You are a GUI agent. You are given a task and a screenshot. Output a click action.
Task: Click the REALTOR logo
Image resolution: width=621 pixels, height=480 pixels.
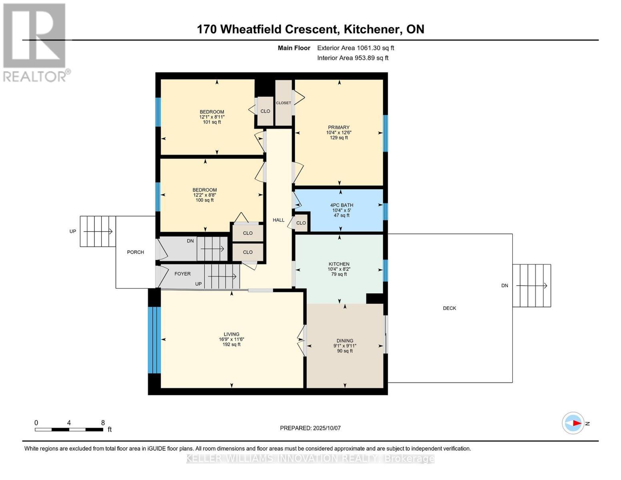(x=35, y=42)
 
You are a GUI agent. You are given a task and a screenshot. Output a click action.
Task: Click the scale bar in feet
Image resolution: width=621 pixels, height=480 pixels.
(x=69, y=429)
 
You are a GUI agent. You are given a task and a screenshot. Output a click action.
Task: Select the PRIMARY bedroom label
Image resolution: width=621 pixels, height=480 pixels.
(x=339, y=128)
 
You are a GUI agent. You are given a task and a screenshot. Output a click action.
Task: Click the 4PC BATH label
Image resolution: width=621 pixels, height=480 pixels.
(x=341, y=205)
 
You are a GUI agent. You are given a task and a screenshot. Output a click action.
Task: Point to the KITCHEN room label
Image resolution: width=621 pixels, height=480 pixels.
(x=339, y=264)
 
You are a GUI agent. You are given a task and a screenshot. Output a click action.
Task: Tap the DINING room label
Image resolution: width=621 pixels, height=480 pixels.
(x=345, y=341)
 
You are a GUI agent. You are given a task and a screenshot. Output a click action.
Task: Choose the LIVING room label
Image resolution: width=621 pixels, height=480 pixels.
(x=232, y=334)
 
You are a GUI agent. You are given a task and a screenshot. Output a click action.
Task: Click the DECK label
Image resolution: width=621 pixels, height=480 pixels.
(x=449, y=308)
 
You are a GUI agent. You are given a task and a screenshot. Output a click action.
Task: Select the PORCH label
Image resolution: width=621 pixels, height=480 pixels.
(x=136, y=252)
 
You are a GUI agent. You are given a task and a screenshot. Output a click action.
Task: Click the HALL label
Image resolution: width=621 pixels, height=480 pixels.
(x=279, y=220)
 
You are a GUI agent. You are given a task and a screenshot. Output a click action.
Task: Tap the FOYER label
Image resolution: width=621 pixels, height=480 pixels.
(x=182, y=274)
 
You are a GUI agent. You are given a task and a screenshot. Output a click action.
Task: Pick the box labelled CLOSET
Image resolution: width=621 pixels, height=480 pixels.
(x=284, y=103)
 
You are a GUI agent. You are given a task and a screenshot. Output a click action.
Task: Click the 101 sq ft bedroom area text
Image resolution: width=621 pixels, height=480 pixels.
(x=212, y=122)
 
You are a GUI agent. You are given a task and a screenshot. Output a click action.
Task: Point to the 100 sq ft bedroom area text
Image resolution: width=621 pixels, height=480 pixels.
(x=205, y=200)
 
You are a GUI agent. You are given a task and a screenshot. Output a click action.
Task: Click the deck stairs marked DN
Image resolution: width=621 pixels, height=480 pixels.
(x=531, y=286)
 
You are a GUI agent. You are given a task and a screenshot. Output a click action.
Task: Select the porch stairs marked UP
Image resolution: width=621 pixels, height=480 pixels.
(x=98, y=231)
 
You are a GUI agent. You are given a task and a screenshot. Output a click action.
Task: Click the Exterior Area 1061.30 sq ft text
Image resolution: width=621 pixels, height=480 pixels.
(x=355, y=48)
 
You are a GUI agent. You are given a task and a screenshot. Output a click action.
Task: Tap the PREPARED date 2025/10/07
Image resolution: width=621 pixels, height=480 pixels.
(x=310, y=428)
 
